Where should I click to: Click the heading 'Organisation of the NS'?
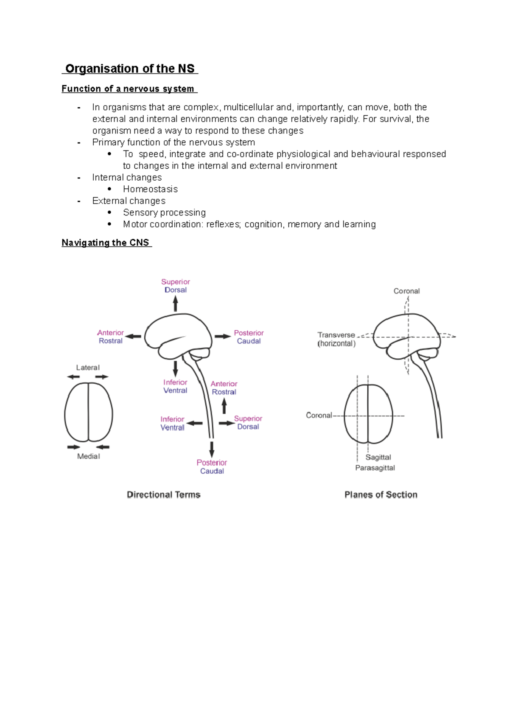[x=130, y=69]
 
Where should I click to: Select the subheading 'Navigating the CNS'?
[x=106, y=243]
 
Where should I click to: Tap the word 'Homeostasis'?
[x=150, y=189]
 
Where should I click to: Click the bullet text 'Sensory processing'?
[x=164, y=212]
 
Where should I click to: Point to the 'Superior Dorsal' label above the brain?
[x=175, y=286]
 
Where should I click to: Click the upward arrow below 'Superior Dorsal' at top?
[x=175, y=304]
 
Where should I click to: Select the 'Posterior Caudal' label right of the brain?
[x=249, y=337]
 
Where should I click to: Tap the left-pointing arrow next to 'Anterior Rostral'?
[x=133, y=336]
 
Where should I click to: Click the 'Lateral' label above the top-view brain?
[x=88, y=368]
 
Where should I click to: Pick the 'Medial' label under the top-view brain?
[x=88, y=456]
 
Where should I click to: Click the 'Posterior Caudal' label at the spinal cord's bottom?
[x=212, y=466]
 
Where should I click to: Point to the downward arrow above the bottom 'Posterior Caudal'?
[x=212, y=449]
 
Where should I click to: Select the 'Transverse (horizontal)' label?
[x=336, y=339]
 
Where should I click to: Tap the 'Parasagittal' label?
[x=375, y=468]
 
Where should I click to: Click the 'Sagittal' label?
[x=378, y=457]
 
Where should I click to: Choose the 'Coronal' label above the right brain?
[x=406, y=291]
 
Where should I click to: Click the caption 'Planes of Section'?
[x=380, y=494]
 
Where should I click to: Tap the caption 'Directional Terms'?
[x=163, y=494]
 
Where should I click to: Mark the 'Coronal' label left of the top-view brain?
[x=319, y=416]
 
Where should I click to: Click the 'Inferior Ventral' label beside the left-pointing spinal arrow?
[x=172, y=423]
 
